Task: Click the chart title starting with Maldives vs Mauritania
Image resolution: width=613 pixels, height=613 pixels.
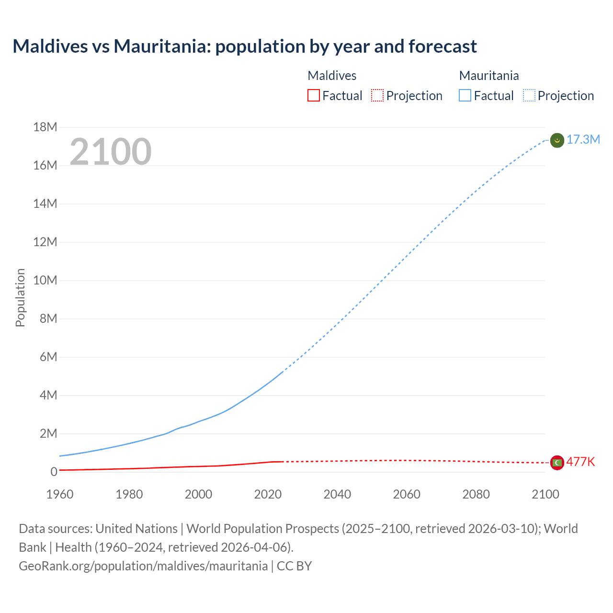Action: coord(244,46)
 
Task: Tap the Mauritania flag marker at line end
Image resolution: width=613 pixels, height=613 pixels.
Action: coord(557,140)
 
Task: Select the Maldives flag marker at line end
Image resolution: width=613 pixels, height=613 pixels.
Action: coord(557,463)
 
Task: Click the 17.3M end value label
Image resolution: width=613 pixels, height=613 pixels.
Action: coord(583,139)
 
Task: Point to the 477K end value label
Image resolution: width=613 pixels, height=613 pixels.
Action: coord(580,462)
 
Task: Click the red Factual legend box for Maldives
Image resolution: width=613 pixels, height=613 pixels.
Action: coord(314,95)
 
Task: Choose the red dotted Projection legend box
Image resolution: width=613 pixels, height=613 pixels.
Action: coord(377,95)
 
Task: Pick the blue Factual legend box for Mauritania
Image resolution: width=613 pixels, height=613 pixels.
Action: coord(465,95)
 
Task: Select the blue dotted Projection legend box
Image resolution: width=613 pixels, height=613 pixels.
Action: coord(529,95)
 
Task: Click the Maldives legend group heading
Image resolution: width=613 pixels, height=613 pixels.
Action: coord(332,76)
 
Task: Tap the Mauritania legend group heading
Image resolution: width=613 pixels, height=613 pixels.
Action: coord(488,76)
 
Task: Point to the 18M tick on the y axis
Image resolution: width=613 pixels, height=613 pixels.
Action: coord(45,127)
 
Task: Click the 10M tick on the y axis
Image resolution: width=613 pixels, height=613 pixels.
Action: coord(45,280)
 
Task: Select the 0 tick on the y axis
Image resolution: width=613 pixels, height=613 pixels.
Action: coord(54,472)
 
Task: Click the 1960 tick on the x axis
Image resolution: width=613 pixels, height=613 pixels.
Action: coord(60,494)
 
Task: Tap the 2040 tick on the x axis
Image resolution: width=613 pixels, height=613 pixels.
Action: coord(337,494)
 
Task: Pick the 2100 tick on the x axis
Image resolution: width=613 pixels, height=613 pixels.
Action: coord(545,494)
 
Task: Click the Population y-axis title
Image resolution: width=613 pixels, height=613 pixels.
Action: coord(20,297)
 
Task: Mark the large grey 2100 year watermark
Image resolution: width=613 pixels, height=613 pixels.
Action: coord(111,152)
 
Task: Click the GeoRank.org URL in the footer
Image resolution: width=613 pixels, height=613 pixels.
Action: coord(143,566)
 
